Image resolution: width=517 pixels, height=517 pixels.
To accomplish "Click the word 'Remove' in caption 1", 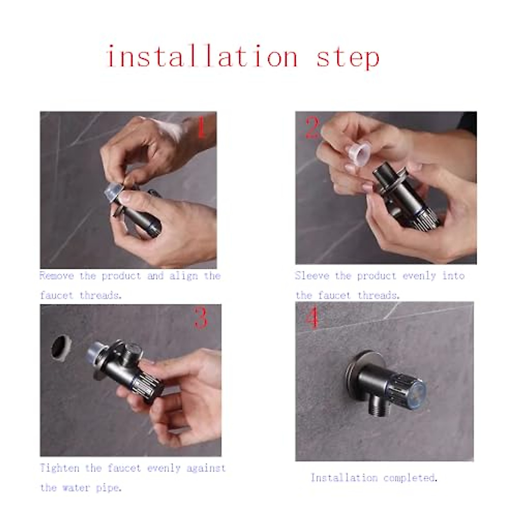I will (x=56, y=276).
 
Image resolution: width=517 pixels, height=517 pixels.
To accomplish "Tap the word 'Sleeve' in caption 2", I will (x=311, y=276).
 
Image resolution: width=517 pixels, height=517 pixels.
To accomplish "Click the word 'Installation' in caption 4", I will (x=344, y=478).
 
